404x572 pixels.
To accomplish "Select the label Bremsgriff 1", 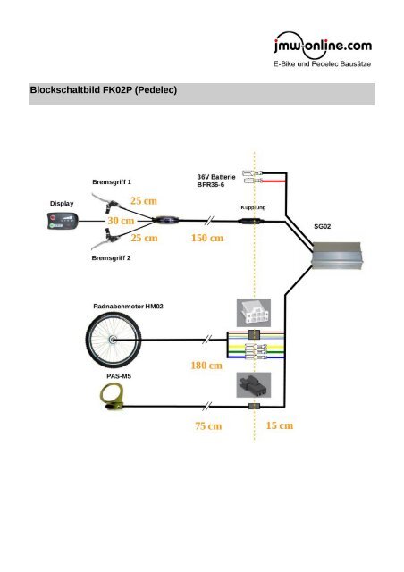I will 111,181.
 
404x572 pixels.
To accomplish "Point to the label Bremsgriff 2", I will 111,258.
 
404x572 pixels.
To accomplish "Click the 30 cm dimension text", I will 121,220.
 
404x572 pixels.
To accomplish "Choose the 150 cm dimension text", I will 207,239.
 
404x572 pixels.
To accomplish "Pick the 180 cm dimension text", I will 206,366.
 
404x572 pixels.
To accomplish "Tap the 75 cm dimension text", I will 208,426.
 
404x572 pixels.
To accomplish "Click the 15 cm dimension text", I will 280,426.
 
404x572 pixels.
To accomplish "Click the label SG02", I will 323,227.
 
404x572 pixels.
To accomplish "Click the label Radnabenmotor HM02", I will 128,306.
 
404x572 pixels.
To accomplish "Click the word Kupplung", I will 254,206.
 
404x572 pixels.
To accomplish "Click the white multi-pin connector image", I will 249,313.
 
